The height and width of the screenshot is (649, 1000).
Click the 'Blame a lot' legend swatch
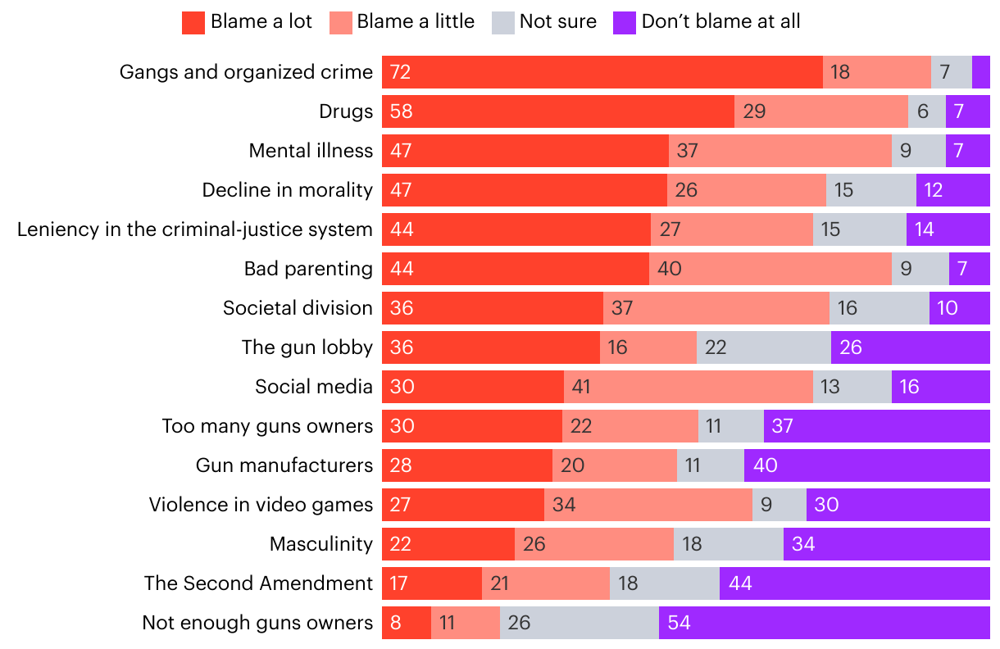(x=193, y=23)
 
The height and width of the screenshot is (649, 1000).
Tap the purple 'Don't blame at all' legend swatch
(x=624, y=23)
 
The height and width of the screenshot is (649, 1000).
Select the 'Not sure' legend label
(x=557, y=22)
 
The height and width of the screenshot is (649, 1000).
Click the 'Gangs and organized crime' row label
(x=246, y=72)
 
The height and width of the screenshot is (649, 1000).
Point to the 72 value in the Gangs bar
(x=401, y=72)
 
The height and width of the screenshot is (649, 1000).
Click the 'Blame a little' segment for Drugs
(x=820, y=111)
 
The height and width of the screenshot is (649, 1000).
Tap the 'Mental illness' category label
(x=311, y=151)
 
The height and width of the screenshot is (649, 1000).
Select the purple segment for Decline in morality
(x=952, y=190)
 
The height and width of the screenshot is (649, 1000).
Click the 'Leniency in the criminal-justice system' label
(x=195, y=229)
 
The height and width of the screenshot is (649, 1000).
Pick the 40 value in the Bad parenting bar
(x=670, y=269)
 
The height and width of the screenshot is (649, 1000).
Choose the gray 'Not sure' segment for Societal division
(x=879, y=308)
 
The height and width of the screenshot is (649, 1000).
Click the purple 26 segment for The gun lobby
(x=910, y=347)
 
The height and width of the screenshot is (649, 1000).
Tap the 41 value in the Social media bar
(x=581, y=387)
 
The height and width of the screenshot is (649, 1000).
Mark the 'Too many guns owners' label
(x=267, y=426)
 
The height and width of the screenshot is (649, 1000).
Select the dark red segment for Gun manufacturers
(x=467, y=465)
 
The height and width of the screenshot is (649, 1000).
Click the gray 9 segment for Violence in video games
(x=779, y=505)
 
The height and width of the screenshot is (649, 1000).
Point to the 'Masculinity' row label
(x=321, y=544)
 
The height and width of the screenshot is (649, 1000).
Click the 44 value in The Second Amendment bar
(x=740, y=583)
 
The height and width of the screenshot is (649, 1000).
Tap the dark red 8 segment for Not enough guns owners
(x=407, y=623)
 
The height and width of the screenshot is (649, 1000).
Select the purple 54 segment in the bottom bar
(x=824, y=623)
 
